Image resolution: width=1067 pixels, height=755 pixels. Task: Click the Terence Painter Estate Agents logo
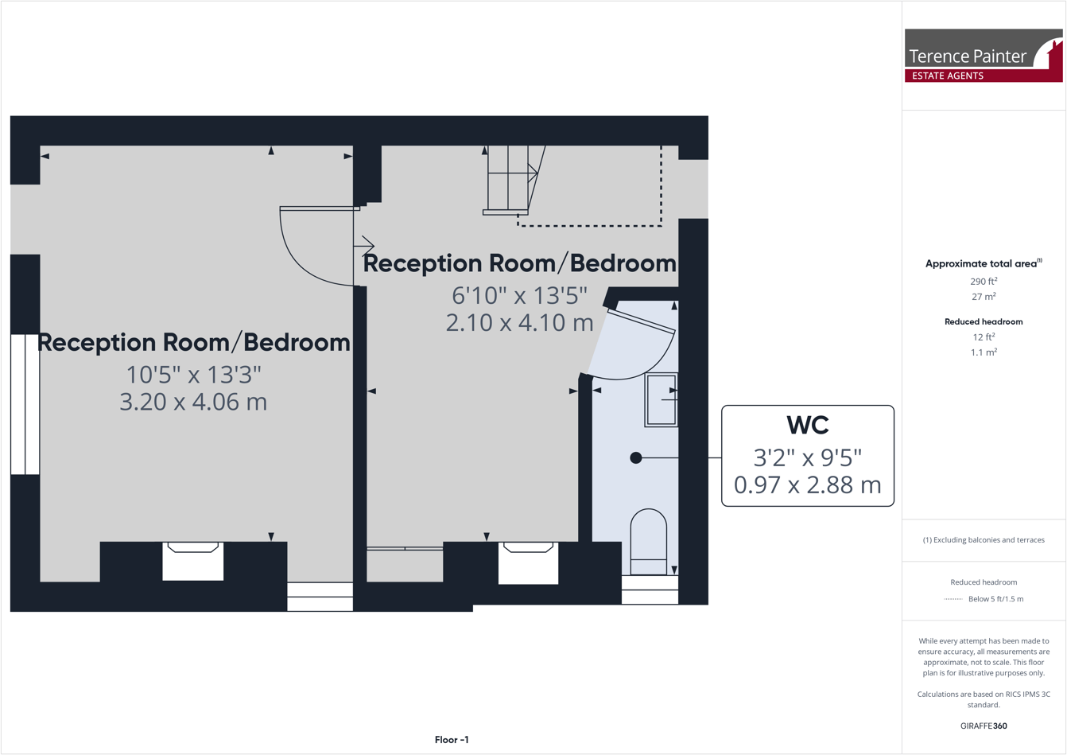[983, 56]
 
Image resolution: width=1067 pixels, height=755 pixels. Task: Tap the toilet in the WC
[648, 541]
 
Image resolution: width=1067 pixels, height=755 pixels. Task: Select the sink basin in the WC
[661, 399]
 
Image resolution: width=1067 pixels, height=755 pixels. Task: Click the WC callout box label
[807, 426]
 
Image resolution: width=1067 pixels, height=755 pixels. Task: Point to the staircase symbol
[510, 180]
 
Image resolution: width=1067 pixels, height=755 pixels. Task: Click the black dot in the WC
[635, 457]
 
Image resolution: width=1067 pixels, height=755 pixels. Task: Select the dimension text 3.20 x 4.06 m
[193, 402]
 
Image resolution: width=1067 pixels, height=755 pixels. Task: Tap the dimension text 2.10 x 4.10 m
[519, 323]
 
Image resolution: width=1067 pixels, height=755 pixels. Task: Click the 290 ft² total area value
[984, 281]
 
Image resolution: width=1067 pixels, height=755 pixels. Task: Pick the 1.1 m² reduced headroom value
[984, 352]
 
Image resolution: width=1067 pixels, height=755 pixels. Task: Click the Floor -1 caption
[452, 740]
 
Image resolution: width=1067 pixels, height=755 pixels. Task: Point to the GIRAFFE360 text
[984, 726]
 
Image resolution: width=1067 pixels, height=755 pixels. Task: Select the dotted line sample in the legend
[953, 599]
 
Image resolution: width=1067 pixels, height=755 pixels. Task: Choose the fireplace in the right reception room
[528, 562]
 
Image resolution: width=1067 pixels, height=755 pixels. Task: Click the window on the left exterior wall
[25, 404]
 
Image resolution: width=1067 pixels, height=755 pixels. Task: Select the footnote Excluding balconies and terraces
[984, 539]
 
